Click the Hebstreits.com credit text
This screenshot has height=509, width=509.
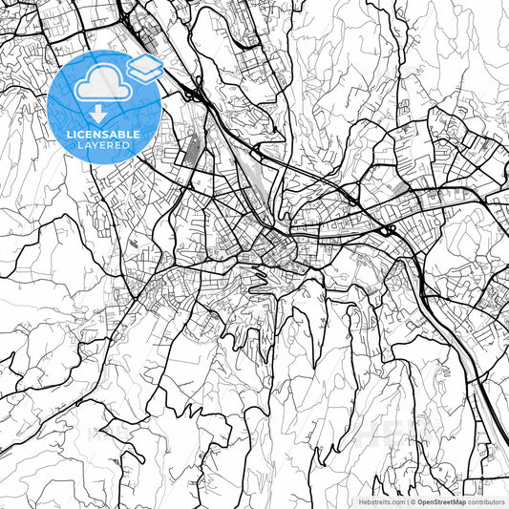[x=381, y=501]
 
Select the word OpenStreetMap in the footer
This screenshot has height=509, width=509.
[x=440, y=501]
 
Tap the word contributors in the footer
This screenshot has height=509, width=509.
[x=486, y=501]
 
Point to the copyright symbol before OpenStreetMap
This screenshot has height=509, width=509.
[x=413, y=501]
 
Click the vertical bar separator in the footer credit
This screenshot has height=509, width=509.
[x=406, y=501]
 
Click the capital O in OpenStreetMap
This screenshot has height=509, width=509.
[x=420, y=501]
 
